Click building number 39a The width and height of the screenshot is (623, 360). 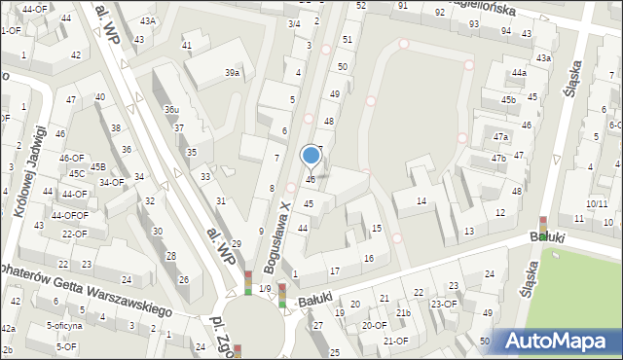[232, 73]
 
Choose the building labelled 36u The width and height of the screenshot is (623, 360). [171, 110]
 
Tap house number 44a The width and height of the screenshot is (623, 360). [520, 73]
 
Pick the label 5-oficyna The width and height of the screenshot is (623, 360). [64, 326]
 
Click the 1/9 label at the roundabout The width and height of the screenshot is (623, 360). [265, 288]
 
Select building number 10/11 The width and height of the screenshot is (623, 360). [598, 203]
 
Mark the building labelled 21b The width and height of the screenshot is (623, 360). [403, 313]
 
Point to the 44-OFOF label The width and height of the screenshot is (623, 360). [70, 215]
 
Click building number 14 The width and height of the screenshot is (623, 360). [421, 201]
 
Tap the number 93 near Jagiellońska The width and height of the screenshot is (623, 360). [474, 23]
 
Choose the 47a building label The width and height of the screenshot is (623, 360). [500, 137]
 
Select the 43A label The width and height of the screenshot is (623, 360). [147, 20]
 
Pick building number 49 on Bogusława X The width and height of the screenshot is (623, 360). [335, 93]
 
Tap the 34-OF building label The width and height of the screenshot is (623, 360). [111, 182]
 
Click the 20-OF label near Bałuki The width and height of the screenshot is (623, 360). [374, 326]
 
